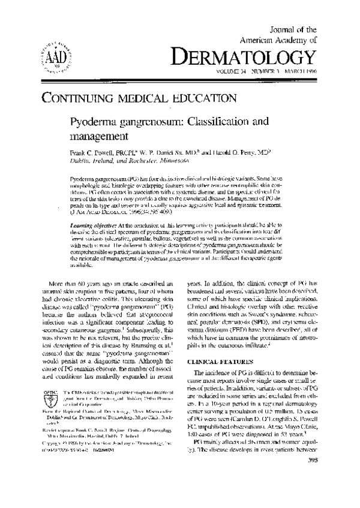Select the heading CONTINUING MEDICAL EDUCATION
[x=138, y=98]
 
